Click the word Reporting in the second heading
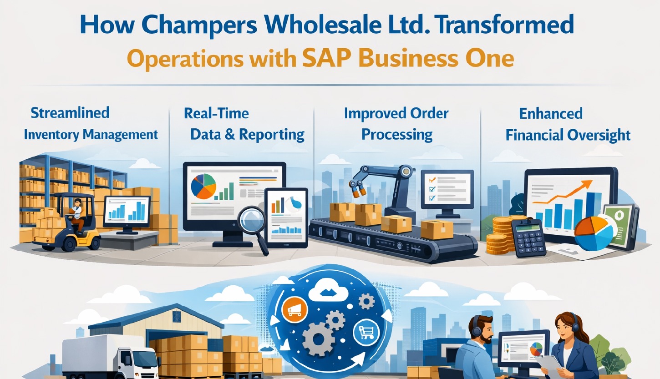tap(272, 134)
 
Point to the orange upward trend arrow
tap(569, 193)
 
